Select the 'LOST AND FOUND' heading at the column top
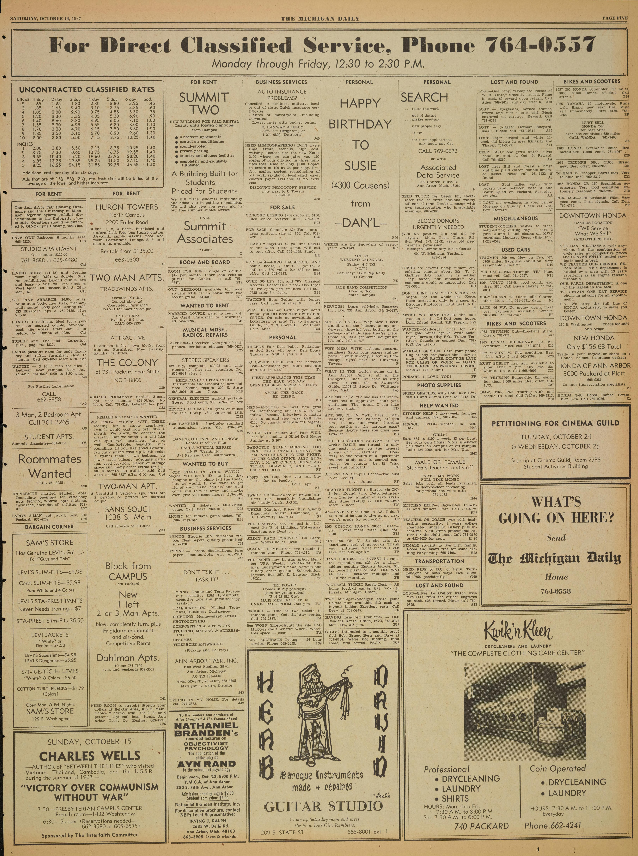(x=514, y=82)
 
